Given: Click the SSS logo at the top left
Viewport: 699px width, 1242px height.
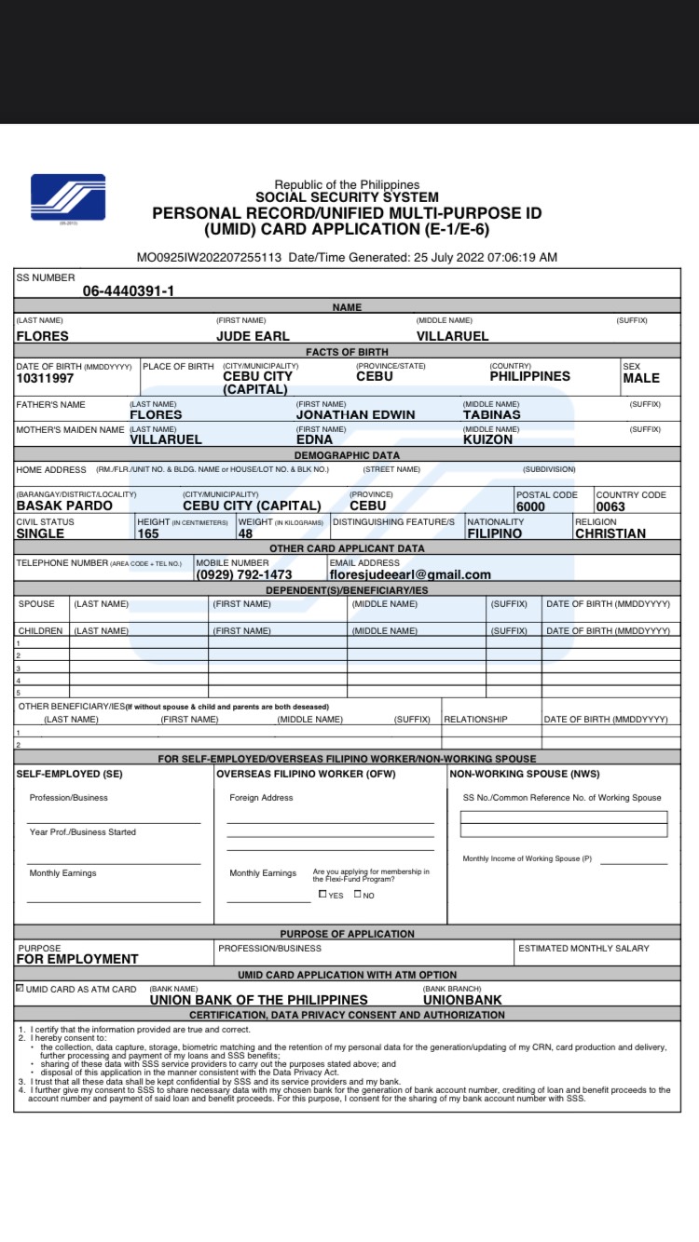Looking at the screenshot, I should point(68,197).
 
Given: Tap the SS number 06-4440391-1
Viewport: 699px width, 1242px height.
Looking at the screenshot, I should point(128,290).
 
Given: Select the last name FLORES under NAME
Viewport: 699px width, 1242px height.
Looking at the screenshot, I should point(43,336).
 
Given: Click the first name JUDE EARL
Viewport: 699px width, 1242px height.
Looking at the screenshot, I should point(253,336).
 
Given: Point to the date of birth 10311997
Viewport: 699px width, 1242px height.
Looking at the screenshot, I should point(45,378).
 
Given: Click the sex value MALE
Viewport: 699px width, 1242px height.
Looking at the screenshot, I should point(640,378).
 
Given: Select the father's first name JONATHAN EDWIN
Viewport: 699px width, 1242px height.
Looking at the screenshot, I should point(355,415).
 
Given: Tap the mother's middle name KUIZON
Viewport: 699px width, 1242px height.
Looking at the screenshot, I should point(487,439).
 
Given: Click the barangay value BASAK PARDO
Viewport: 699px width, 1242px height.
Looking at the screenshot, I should point(64,506).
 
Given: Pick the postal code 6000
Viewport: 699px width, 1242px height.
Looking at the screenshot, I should point(530,506).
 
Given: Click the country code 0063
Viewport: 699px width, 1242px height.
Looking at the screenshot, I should point(610,506).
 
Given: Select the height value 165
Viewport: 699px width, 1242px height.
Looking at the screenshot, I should point(147,533).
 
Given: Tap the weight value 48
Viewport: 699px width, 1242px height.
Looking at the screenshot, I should point(245,533).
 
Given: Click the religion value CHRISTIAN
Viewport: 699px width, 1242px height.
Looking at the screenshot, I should point(610,533).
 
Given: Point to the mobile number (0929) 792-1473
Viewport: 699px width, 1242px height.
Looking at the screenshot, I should point(243,574).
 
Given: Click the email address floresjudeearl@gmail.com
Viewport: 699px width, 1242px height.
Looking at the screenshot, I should point(409,574).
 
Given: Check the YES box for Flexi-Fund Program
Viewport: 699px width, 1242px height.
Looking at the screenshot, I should point(322,894).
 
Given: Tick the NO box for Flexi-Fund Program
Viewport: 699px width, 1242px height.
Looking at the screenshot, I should point(358,894).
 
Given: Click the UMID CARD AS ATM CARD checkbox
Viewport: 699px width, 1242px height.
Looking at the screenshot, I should point(20,989).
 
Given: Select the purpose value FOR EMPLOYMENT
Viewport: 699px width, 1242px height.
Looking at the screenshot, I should point(77,959).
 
